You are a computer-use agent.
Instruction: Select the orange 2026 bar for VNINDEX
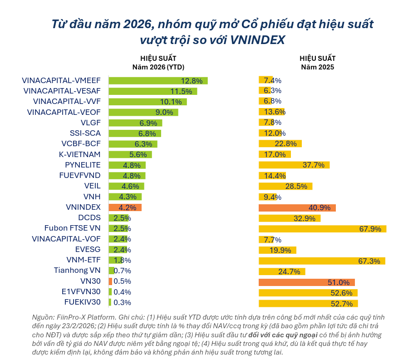[x=125, y=207]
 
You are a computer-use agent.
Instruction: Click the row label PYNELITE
[x=83, y=165]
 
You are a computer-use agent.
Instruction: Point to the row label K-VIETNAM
[x=80, y=154]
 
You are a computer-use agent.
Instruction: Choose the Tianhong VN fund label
[x=77, y=271]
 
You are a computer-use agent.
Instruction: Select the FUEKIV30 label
[x=81, y=302]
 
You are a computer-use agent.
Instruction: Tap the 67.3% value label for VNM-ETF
[x=371, y=260]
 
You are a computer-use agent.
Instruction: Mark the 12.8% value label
[x=192, y=81]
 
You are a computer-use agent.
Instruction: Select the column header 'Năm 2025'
[x=318, y=67]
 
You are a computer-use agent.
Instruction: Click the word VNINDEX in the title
[x=257, y=40]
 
